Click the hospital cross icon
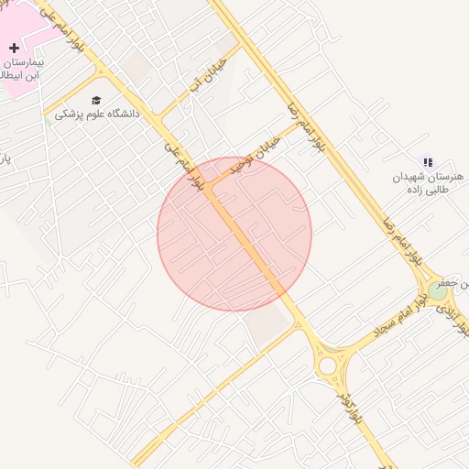(x=14, y=48)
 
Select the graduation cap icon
(x=96, y=100)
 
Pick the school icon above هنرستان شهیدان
(x=428, y=162)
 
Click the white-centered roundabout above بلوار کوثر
(x=327, y=366)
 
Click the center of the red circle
(x=234, y=234)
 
